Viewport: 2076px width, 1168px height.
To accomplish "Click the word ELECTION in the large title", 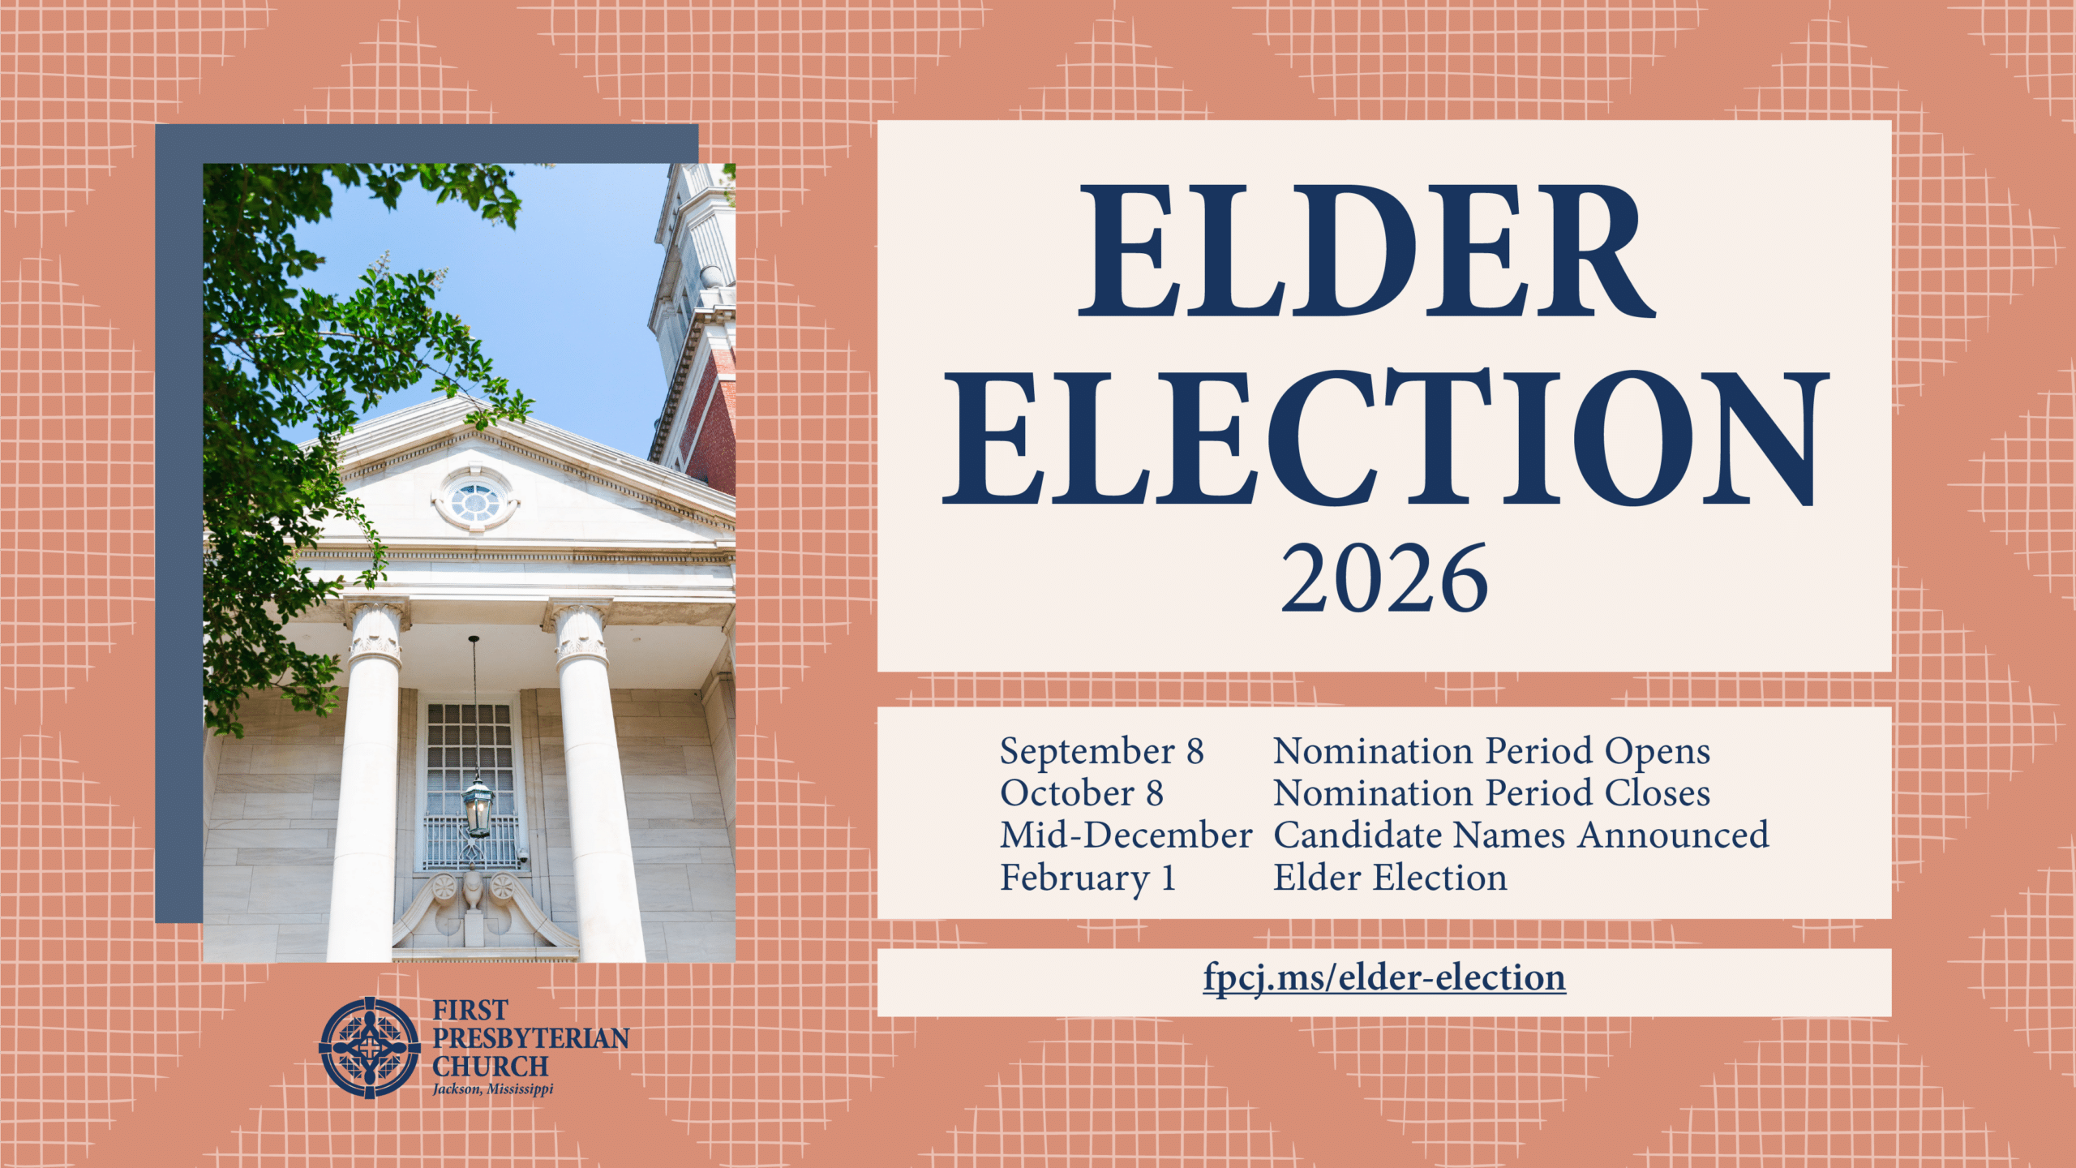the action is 1385,437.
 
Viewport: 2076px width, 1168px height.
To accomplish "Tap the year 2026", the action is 1384,578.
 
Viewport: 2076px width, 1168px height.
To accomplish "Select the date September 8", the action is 1101,751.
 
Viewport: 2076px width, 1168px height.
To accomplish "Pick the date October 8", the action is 1082,793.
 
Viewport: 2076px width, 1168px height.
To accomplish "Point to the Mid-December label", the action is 1126,835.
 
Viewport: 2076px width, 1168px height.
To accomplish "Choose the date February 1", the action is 1088,878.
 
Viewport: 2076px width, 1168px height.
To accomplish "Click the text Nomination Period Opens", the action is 1492,751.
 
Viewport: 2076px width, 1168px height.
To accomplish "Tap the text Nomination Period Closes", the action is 1492,793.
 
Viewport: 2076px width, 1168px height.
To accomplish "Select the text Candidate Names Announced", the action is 1521,835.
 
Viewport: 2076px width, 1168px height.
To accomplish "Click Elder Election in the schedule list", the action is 1390,878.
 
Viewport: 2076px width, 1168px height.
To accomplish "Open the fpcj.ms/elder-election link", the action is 1384,978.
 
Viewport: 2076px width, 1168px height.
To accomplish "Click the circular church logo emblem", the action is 370,1047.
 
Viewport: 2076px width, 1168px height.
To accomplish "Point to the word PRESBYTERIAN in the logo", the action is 531,1038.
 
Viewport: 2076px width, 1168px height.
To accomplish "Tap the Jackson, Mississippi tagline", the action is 493,1089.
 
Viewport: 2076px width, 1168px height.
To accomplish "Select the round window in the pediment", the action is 476,501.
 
